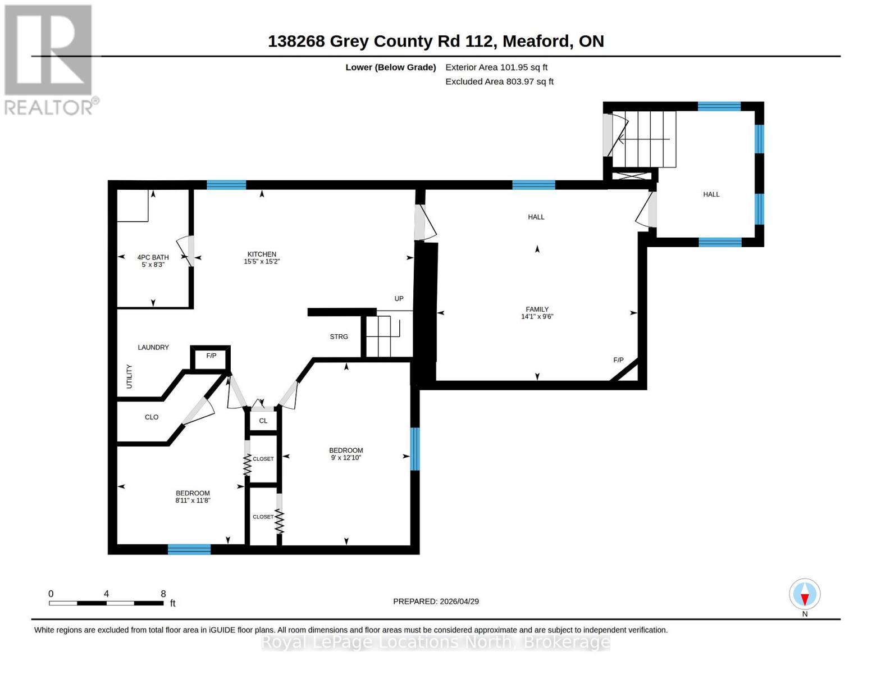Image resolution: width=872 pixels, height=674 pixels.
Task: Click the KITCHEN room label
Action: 262,254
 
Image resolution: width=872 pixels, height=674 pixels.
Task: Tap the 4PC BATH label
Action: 153,257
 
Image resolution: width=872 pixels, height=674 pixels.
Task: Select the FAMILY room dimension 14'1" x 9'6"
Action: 537,317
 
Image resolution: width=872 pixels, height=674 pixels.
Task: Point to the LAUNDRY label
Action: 153,347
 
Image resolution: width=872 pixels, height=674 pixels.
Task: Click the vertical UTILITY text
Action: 129,376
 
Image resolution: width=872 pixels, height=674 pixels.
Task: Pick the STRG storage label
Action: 339,336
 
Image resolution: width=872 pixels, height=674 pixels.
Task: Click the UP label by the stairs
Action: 399,298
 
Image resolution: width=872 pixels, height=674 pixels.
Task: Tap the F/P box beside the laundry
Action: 211,356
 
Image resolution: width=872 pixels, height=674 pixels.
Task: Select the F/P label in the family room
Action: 618,360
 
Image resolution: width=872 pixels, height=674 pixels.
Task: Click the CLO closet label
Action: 152,417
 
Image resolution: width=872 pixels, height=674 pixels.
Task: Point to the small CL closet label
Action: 263,421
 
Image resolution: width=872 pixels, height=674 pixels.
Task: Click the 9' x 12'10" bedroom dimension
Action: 346,458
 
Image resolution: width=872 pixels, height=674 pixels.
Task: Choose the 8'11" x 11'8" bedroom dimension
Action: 193,500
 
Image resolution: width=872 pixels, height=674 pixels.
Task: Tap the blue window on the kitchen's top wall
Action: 226,185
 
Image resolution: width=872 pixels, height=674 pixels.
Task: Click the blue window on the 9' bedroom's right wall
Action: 415,449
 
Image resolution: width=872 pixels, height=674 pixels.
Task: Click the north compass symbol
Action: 805,594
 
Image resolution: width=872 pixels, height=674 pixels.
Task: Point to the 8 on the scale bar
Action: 163,594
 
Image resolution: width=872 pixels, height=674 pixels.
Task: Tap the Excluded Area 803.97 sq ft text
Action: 499,81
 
